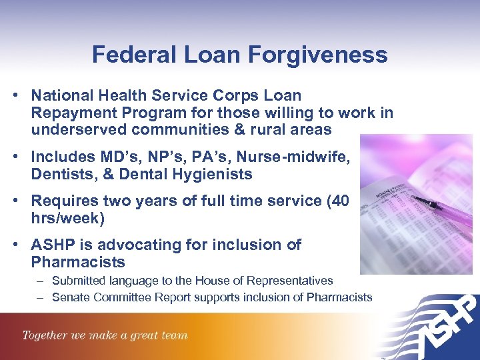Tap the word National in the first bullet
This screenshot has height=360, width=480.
[62, 96]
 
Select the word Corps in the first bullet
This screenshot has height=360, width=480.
[237, 96]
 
